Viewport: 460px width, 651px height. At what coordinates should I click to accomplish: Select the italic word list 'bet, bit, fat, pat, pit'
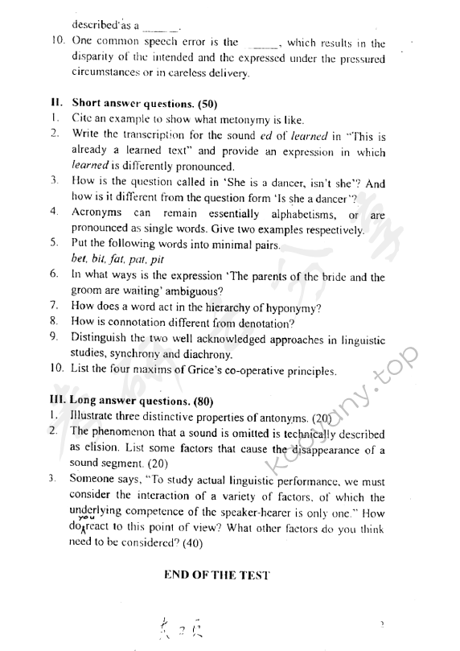(117, 259)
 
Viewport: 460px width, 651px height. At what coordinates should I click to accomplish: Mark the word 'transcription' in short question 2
(130, 134)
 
